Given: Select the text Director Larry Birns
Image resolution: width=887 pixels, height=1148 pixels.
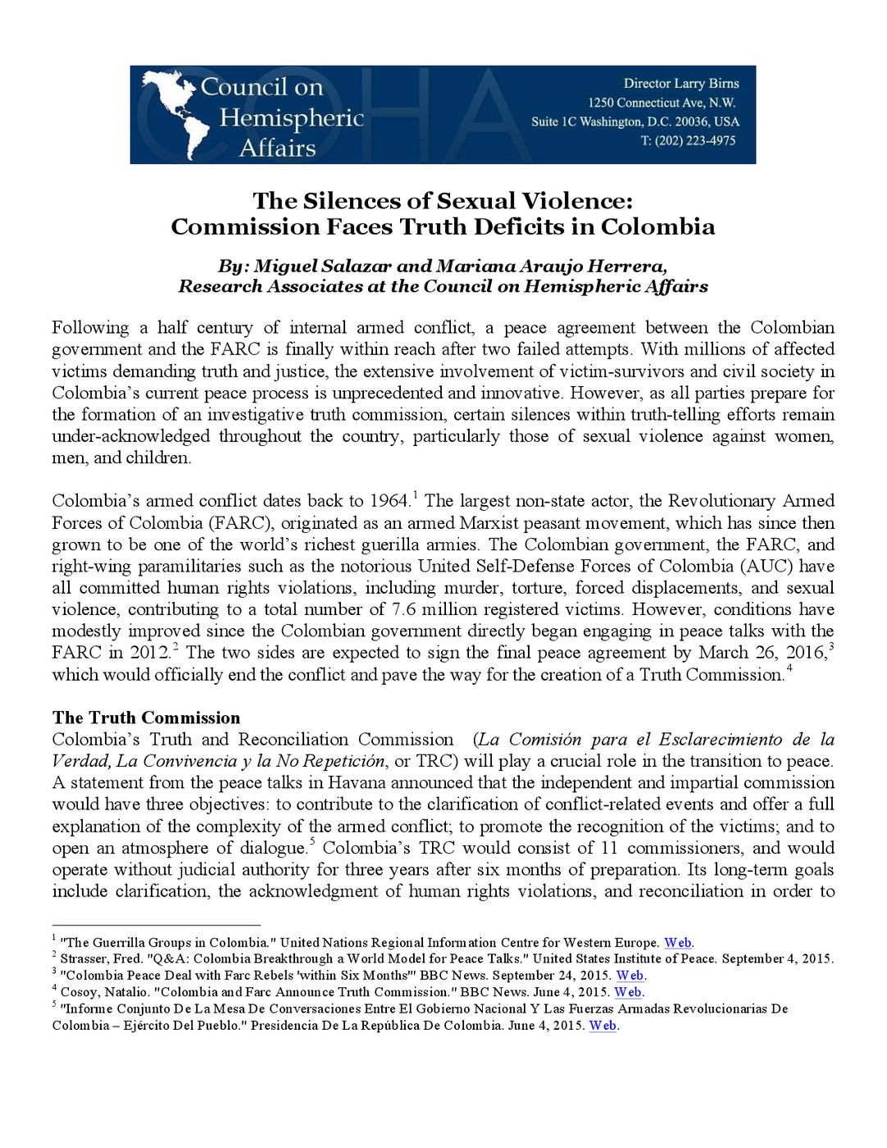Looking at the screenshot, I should coord(680,84).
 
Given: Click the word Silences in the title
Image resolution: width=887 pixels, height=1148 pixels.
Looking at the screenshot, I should coord(362,201).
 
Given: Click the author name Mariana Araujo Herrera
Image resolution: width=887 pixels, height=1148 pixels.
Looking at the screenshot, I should coord(551,266).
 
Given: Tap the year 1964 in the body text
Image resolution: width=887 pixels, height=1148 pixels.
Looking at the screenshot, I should coord(389,501).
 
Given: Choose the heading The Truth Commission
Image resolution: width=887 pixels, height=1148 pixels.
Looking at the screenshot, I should coord(146,718).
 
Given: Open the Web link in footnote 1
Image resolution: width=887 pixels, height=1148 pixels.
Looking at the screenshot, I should coord(677,943).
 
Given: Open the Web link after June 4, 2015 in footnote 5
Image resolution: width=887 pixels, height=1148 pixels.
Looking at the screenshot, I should coord(603,1026).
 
